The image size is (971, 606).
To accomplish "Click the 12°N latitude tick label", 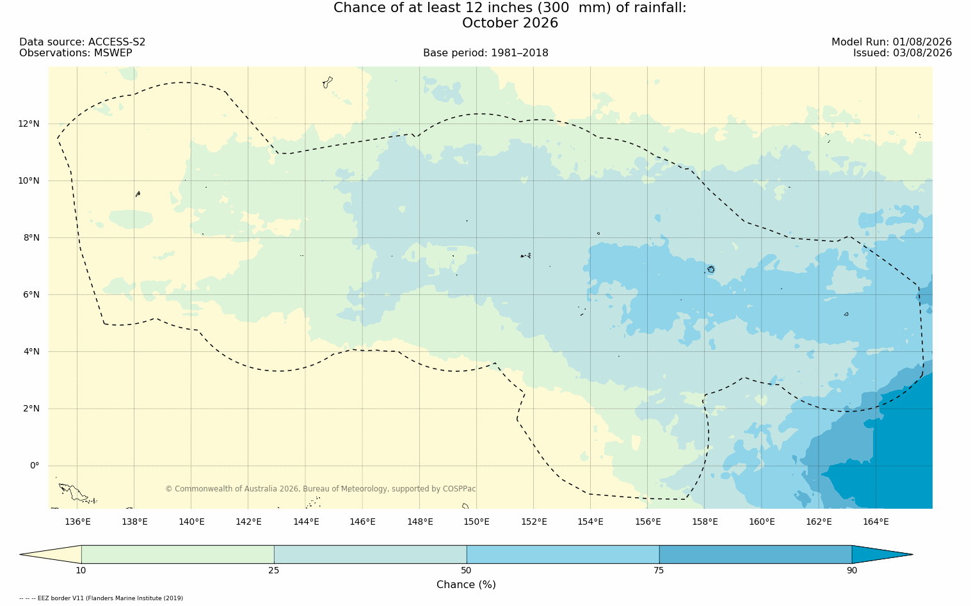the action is (x=29, y=124).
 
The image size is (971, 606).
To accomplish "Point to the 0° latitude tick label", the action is (x=35, y=466).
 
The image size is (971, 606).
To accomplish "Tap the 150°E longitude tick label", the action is (x=476, y=522).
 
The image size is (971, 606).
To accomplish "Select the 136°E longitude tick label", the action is (x=77, y=522).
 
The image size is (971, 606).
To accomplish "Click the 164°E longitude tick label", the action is (x=876, y=522).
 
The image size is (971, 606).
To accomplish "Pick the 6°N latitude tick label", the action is (x=31, y=295).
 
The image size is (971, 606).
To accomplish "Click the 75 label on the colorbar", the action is (x=659, y=570).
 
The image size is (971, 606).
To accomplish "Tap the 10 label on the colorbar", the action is (x=81, y=570).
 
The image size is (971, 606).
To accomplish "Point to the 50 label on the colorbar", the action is (x=467, y=570).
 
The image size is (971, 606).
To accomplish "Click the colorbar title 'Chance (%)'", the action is (x=466, y=585).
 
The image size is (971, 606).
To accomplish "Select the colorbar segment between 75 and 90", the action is (x=755, y=554).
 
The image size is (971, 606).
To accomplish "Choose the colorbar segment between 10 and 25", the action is (x=178, y=554).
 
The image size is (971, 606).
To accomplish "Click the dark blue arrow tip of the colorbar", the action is (x=912, y=554).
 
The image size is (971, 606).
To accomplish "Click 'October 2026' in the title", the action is (x=510, y=23).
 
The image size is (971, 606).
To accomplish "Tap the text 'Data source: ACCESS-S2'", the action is (x=83, y=42).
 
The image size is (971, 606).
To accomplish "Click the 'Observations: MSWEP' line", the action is (x=76, y=53).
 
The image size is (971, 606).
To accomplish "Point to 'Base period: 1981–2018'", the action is (x=485, y=53).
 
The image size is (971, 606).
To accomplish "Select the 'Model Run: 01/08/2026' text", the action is (x=891, y=42).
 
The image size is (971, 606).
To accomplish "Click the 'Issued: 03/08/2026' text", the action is (x=903, y=53).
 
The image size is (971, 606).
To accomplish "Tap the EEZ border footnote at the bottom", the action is (x=101, y=598).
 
